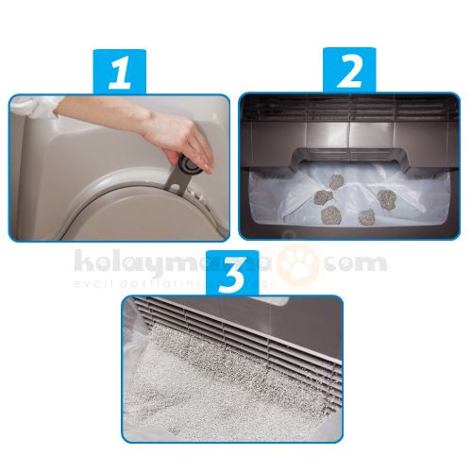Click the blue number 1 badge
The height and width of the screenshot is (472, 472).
point(119,73)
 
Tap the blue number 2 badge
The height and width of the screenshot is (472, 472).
point(349,72)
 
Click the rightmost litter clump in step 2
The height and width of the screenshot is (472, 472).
point(386,197)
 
